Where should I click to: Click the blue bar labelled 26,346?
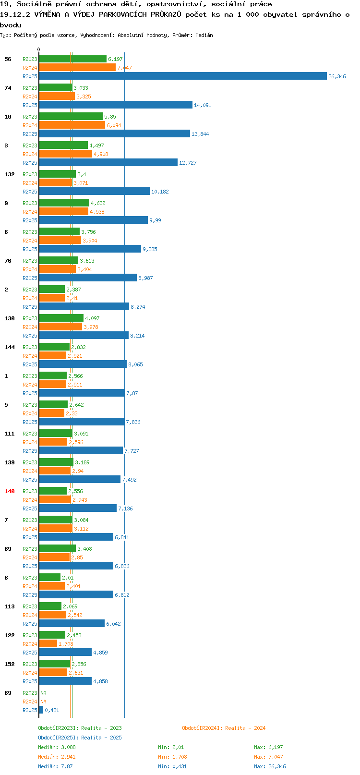tap(183, 76)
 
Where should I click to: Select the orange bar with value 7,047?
tap(77, 68)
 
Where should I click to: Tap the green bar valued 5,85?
tap(71, 117)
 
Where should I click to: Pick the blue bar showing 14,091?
tap(116, 105)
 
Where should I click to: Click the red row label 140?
tap(9, 491)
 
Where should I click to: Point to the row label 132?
tap(9, 174)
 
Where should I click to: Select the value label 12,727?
tap(188, 163)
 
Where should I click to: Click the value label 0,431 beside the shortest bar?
tap(52, 710)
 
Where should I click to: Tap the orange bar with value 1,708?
tap(48, 643)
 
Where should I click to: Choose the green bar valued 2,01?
tap(50, 578)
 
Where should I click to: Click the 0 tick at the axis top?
tap(39, 49)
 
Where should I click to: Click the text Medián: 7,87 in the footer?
tap(55, 766)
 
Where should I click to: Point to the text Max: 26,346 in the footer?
tap(270, 766)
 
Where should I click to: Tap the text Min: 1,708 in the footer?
tap(173, 757)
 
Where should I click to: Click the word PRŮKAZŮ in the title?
tap(166, 14)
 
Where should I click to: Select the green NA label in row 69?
tap(43, 693)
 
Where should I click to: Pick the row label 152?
tap(9, 664)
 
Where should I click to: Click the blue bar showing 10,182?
tap(95, 191)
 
